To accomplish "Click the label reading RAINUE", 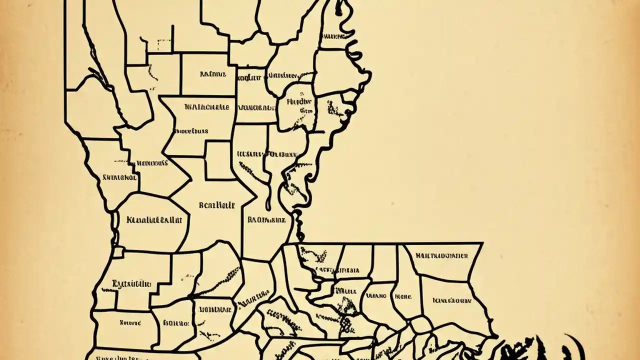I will click(213, 74).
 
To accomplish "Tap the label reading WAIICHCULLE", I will click(206, 107).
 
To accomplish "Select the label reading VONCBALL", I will click(257, 107).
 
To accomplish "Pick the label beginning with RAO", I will click(266, 219).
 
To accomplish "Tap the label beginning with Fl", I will click(299, 101).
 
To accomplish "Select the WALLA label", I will click(345, 289).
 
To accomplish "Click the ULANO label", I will click(376, 296).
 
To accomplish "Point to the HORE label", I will click(403, 296).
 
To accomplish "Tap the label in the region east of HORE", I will click(451, 301).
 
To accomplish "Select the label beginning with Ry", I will click(131, 284).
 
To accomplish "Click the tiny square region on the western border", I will click(118, 251).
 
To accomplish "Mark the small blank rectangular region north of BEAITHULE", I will click(219, 160).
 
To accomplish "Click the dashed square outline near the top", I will click(163, 44).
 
